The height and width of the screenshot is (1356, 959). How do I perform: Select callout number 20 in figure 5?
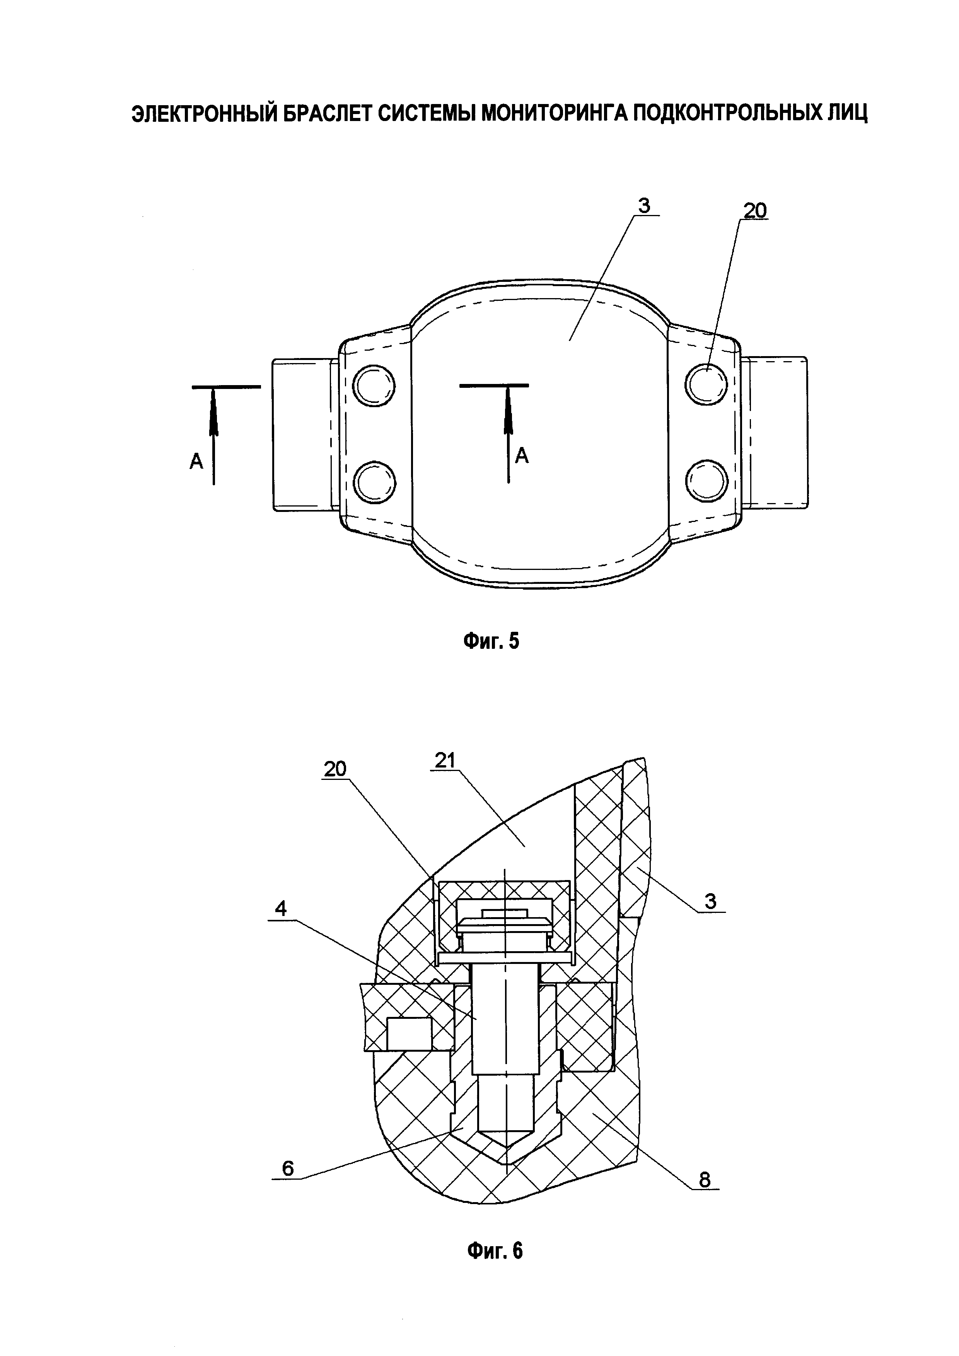coord(755,210)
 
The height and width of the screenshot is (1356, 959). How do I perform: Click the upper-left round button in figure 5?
coord(374,386)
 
